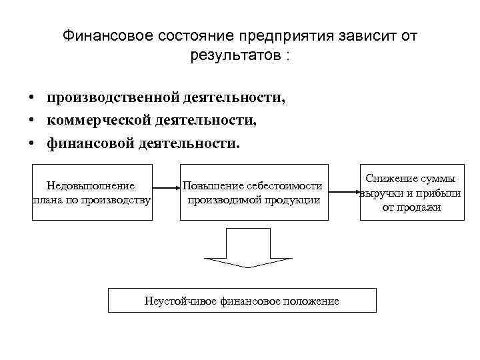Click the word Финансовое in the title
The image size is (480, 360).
click(x=107, y=36)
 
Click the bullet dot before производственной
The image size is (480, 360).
click(x=32, y=98)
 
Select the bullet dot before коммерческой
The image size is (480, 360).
click(x=32, y=121)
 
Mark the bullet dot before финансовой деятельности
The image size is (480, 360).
click(x=32, y=143)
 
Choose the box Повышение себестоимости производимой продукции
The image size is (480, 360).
click(x=253, y=192)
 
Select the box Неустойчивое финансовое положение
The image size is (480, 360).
click(x=242, y=300)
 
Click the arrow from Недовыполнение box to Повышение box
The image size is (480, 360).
click(x=165, y=193)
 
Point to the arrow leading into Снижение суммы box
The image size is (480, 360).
click(x=345, y=193)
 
